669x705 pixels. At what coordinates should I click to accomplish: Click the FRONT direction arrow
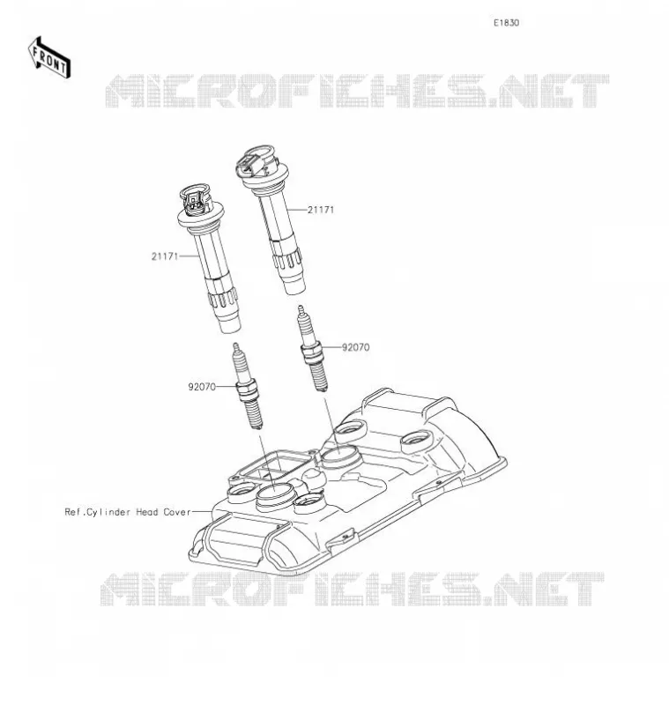[x=49, y=58]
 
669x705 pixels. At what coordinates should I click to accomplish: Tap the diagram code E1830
[x=506, y=23]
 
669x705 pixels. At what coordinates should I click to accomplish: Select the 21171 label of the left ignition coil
[x=165, y=256]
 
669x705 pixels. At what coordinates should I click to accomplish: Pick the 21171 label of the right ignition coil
[x=321, y=210]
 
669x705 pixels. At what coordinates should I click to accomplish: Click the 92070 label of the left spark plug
[x=202, y=387]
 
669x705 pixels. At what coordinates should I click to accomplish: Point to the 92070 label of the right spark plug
[x=355, y=347]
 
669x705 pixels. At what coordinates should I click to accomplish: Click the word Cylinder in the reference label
[x=108, y=512]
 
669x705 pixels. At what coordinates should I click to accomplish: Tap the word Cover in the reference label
[x=176, y=512]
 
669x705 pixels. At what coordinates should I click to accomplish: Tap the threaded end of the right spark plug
[x=319, y=375]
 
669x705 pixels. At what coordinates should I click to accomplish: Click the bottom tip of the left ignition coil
[x=230, y=323]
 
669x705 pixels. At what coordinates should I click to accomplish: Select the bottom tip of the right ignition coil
[x=294, y=285]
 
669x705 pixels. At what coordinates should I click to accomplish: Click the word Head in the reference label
[x=147, y=512]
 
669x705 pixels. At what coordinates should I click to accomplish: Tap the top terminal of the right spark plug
[x=301, y=310]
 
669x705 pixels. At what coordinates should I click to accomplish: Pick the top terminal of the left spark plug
[x=235, y=347]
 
